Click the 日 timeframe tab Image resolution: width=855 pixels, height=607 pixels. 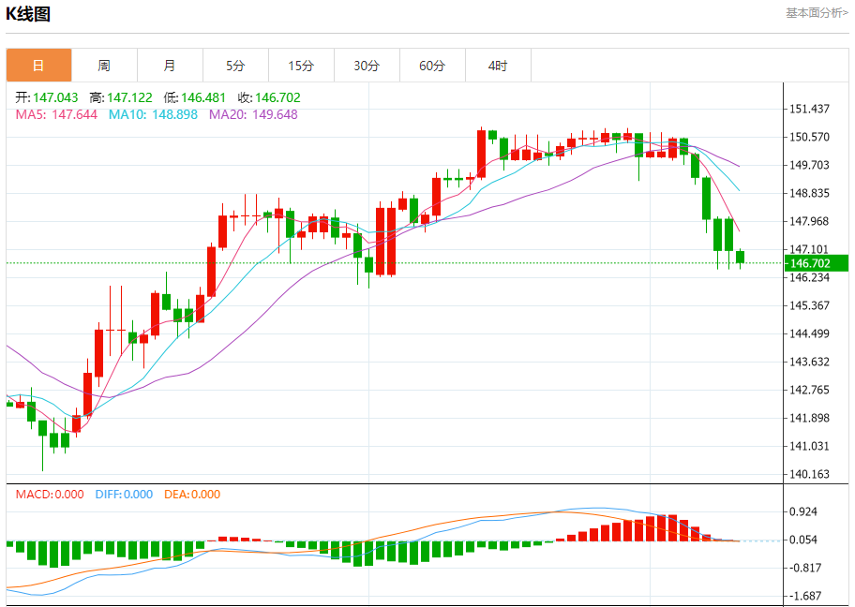[38, 66]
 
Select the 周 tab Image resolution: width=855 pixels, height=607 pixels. [104, 66]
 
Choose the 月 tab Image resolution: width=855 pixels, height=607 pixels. [170, 66]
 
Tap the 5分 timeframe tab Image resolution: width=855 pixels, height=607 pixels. [235, 66]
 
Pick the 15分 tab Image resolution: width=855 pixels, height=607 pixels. [301, 66]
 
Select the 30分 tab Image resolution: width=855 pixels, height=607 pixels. [367, 66]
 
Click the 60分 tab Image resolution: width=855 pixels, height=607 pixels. [432, 66]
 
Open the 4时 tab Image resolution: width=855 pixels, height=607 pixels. [498, 66]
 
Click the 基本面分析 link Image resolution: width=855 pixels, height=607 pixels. [816, 12]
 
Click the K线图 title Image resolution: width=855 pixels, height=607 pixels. [29, 13]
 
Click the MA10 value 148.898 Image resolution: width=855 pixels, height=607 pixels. [154, 114]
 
